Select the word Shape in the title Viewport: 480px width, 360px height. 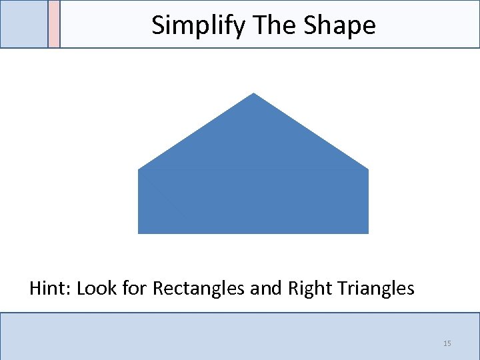tap(339, 25)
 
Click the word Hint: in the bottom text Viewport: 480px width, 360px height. tap(50, 289)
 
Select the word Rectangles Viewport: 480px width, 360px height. tap(198, 289)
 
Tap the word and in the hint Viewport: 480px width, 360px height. tap(266, 289)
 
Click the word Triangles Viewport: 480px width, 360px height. tap(376, 289)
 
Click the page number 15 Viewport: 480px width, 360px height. tap(447, 343)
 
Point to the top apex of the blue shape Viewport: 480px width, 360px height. tap(253, 94)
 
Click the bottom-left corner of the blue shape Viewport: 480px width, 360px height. tap(139, 233)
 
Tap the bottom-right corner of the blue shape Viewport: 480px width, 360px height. tap(368, 233)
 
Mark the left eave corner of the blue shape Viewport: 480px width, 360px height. tap(139, 169)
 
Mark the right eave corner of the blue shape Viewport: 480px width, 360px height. tap(368, 169)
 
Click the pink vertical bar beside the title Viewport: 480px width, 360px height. tap(54, 24)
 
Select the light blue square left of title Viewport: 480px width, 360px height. tap(24, 24)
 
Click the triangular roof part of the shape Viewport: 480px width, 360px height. tap(253, 140)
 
